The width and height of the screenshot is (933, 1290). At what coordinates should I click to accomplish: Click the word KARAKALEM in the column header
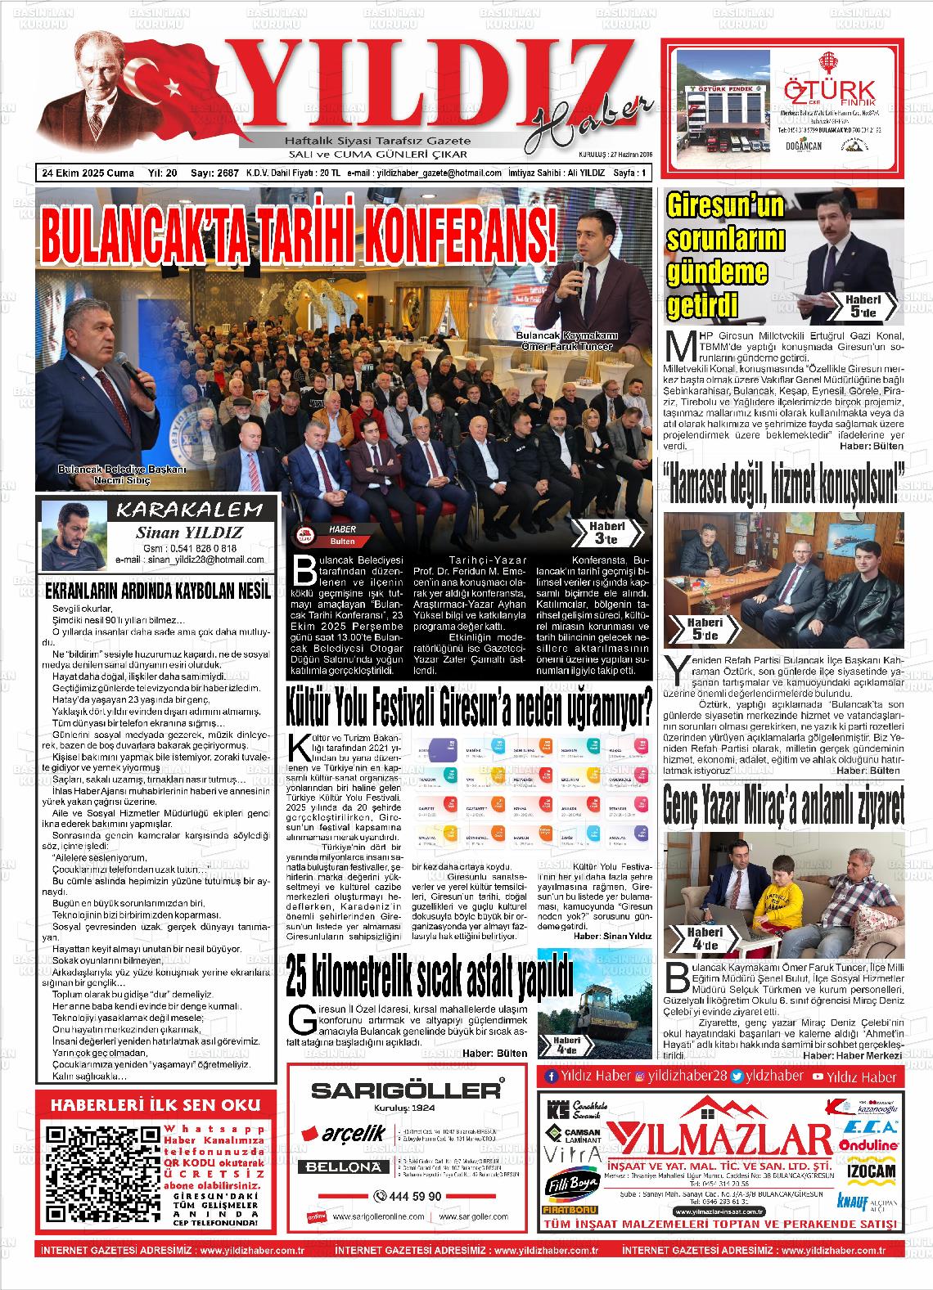coord(191,511)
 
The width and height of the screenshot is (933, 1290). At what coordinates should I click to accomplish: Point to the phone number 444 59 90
coord(408,1196)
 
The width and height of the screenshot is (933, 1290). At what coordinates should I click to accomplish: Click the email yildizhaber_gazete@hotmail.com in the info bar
coord(448,173)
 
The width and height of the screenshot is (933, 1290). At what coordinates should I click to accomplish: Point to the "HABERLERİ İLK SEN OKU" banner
coord(155,1105)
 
